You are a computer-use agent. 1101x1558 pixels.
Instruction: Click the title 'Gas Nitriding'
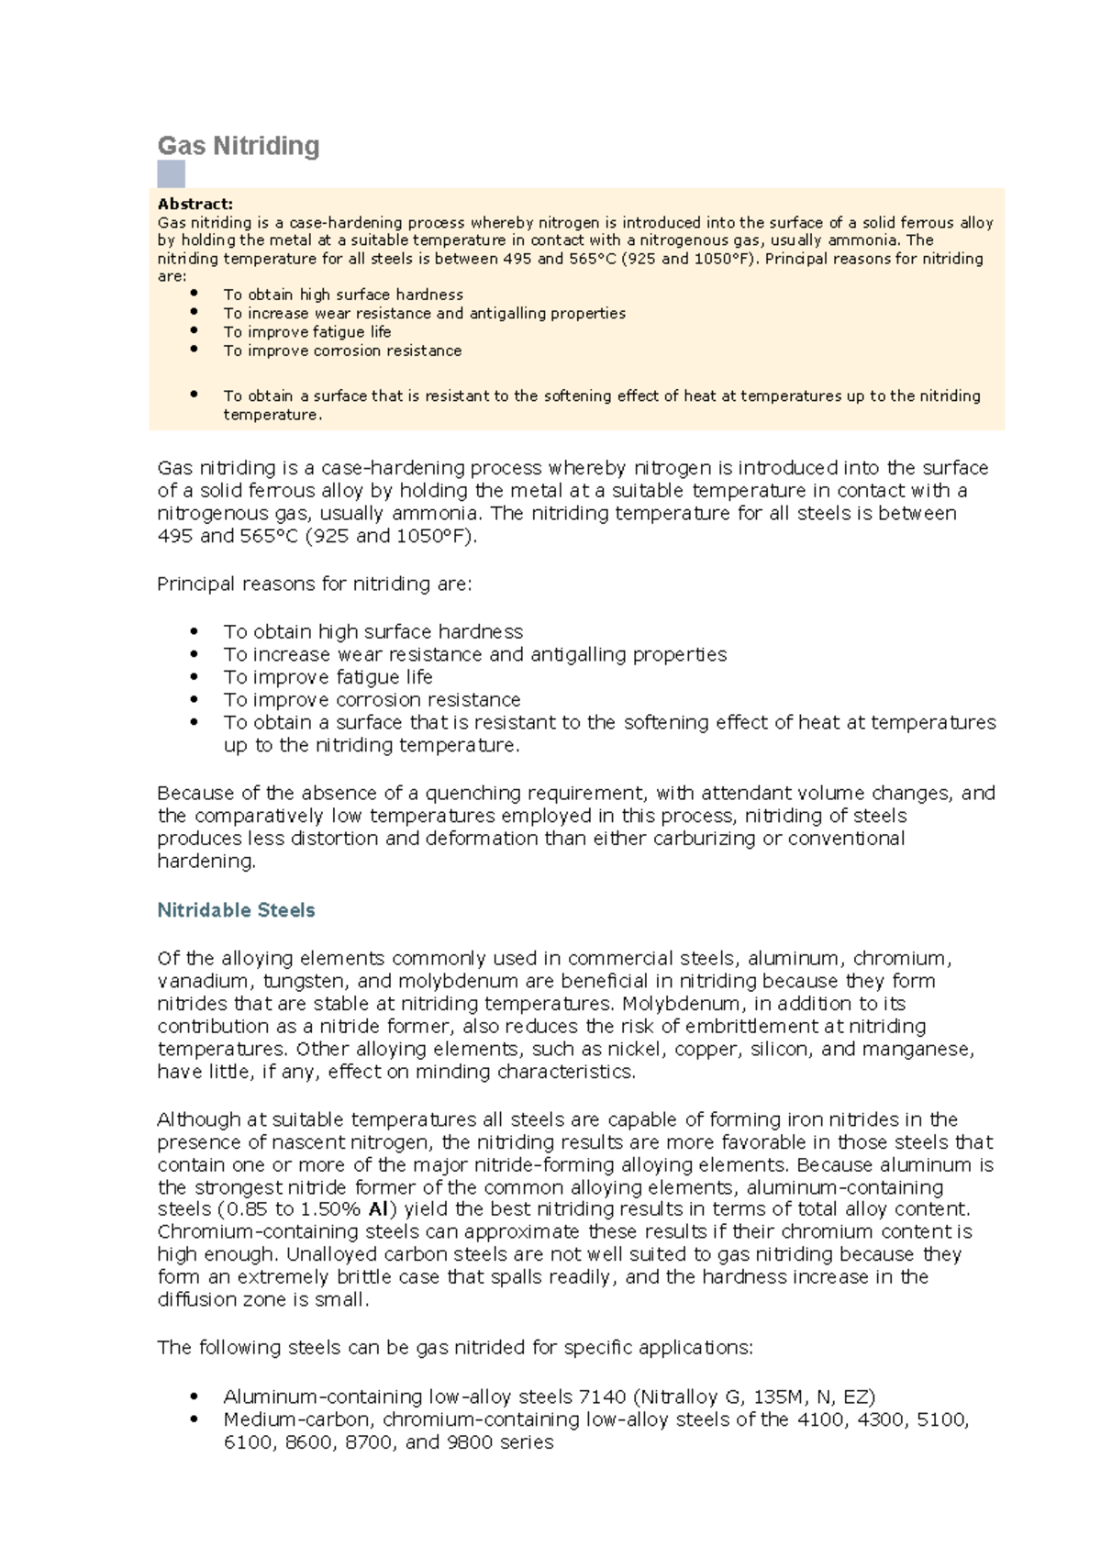[239, 146]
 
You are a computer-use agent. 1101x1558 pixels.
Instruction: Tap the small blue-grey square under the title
[171, 173]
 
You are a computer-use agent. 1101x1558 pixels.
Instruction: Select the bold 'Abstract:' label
[195, 204]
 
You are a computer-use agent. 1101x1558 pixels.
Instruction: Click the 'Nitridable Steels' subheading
[236, 910]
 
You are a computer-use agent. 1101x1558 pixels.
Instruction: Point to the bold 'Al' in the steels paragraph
[378, 1209]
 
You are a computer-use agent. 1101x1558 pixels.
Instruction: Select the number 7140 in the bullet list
[603, 1397]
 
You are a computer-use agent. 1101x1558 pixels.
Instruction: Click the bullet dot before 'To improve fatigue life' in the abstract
[194, 330]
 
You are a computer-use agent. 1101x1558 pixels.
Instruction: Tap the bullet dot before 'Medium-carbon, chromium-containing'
[194, 1419]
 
